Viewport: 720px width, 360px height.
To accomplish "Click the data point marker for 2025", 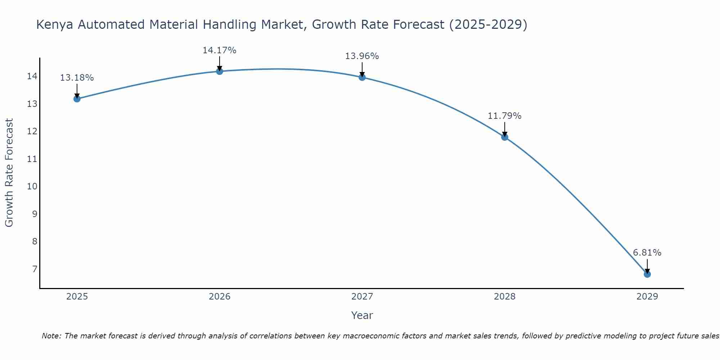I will (77, 99).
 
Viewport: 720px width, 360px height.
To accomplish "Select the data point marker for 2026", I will (219, 71).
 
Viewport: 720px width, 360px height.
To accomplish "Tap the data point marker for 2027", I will (362, 77).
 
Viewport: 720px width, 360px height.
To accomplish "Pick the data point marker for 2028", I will (504, 137).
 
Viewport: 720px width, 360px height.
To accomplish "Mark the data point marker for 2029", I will (647, 274).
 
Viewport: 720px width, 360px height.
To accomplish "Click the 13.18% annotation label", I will (77, 78).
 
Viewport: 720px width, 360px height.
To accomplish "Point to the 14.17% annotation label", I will (219, 50).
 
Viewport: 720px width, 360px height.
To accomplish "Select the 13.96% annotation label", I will (362, 56).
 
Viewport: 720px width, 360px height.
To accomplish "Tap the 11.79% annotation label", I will (504, 116).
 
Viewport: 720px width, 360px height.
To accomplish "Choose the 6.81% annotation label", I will (647, 253).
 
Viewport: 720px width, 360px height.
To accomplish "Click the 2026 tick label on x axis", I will (219, 297).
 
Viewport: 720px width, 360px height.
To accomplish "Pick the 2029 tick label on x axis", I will (647, 297).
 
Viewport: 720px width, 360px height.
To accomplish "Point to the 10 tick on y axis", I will (32, 186).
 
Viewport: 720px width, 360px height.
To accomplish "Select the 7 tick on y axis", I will (35, 269).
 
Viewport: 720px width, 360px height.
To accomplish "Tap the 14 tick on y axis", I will (32, 76).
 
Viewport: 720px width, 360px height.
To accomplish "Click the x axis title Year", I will (362, 315).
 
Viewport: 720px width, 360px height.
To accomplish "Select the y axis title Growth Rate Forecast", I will (9, 173).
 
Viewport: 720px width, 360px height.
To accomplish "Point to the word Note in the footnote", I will (52, 336).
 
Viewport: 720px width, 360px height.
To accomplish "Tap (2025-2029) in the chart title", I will (488, 25).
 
